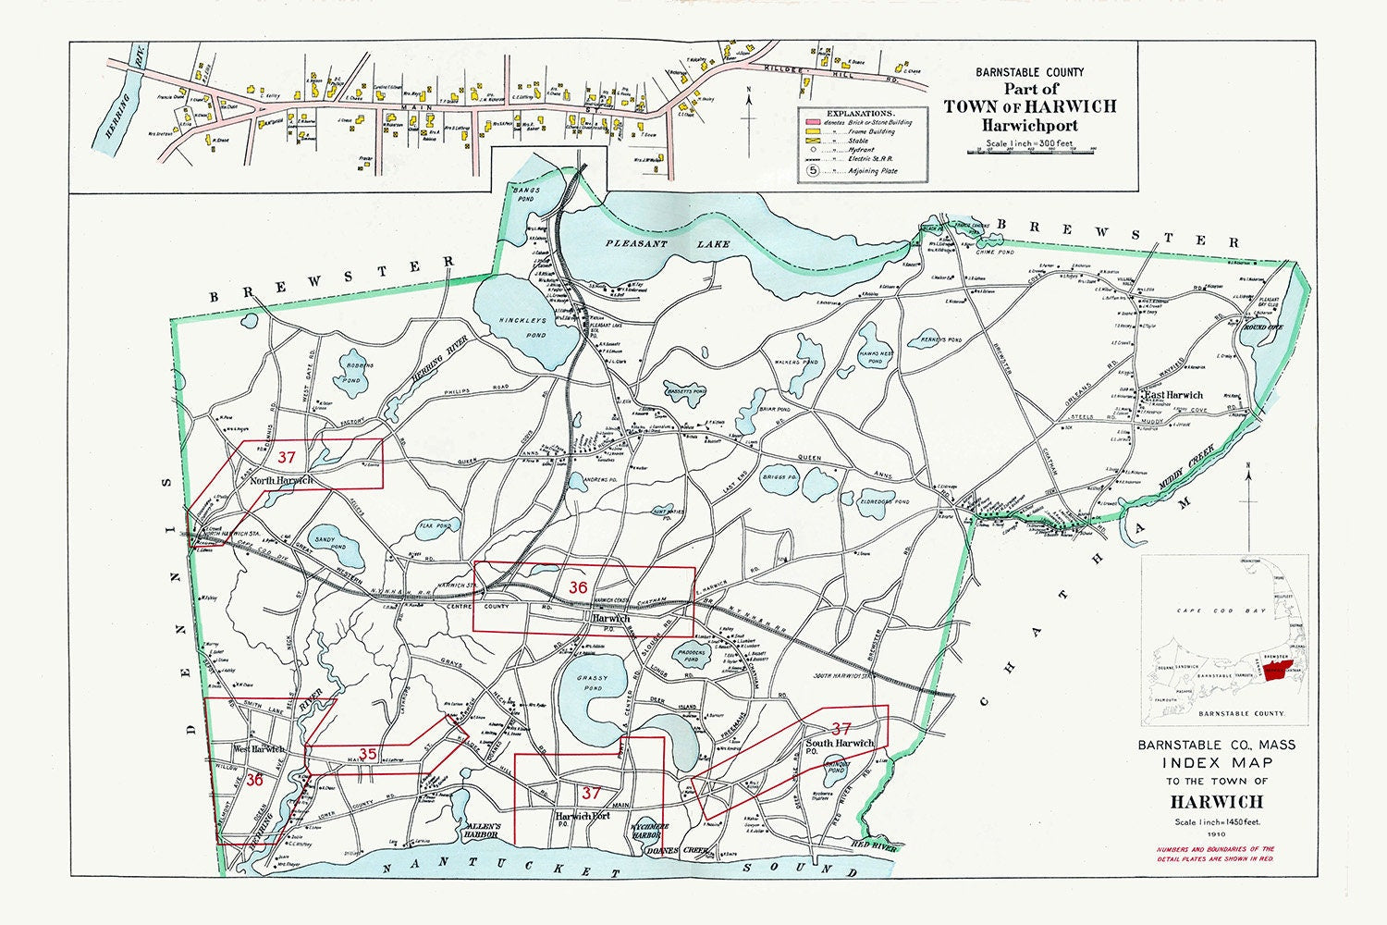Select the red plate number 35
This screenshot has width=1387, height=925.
pyautogui.click(x=367, y=754)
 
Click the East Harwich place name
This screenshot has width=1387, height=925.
pyautogui.click(x=1173, y=396)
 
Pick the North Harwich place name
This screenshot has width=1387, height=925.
pyautogui.click(x=281, y=480)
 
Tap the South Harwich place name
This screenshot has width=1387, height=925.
pyautogui.click(x=840, y=744)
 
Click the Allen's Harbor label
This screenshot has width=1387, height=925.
pyautogui.click(x=483, y=830)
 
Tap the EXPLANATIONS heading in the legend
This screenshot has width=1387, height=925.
pyautogui.click(x=862, y=112)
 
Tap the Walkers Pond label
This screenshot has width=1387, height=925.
pyautogui.click(x=797, y=363)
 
